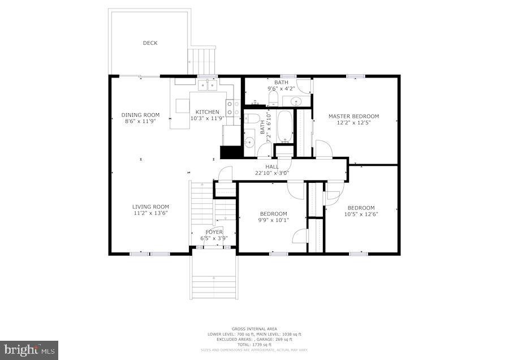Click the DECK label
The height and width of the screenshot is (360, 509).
pyautogui.click(x=150, y=43)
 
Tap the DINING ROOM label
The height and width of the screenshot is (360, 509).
pyautogui.click(x=140, y=115)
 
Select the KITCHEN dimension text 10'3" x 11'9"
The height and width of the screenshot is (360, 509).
pyautogui.click(x=207, y=119)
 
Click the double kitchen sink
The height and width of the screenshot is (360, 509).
pyautogui.click(x=208, y=85)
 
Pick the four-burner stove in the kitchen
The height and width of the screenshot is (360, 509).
pyautogui.click(x=232, y=108)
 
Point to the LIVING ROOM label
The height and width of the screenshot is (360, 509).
pyautogui.click(x=150, y=207)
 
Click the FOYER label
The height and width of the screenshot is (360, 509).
pyautogui.click(x=214, y=232)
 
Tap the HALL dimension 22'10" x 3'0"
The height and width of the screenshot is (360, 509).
pyautogui.click(x=272, y=173)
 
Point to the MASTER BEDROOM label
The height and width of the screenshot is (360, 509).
pyautogui.click(x=353, y=116)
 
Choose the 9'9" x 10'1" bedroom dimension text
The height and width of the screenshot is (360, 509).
pyautogui.click(x=273, y=220)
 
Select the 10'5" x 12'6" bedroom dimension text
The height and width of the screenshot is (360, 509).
pyautogui.click(x=361, y=214)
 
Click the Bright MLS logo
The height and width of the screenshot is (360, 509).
pyautogui.click(x=29, y=350)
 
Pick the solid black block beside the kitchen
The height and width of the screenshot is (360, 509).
pyautogui.click(x=230, y=152)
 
